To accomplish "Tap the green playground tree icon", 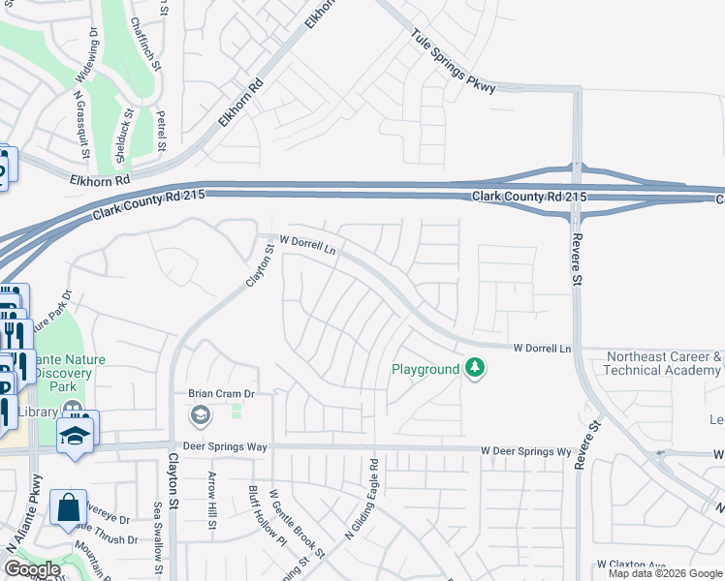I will [475, 368].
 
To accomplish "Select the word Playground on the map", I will [425, 369].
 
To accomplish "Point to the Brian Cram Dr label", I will [220, 394].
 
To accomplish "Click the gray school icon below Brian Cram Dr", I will [201, 416].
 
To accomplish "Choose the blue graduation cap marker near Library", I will [76, 436].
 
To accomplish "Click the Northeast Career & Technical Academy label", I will [663, 363].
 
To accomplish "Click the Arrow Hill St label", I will [211, 500].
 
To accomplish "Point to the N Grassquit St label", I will [81, 127].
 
